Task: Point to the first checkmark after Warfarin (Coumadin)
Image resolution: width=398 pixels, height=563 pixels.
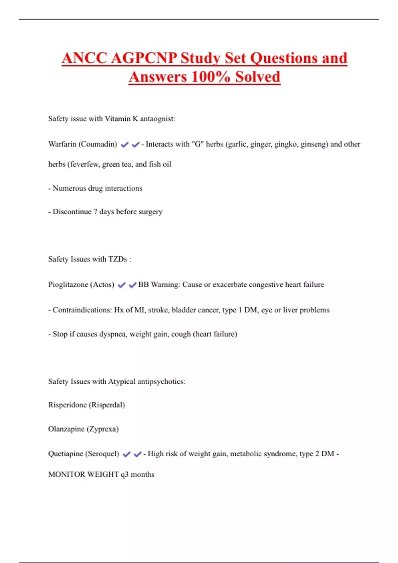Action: pyautogui.click(x=125, y=145)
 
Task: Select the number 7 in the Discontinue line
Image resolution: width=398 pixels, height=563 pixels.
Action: pyautogui.click(x=96, y=212)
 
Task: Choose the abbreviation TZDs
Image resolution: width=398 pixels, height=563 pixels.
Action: pyautogui.click(x=118, y=259)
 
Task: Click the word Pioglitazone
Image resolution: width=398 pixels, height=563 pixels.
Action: pyautogui.click(x=68, y=285)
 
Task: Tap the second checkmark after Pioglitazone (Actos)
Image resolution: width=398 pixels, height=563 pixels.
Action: pyautogui.click(x=133, y=285)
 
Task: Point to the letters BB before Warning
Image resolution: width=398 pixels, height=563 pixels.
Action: pyautogui.click(x=143, y=284)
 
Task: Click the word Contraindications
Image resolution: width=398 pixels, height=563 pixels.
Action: pyautogui.click(x=82, y=310)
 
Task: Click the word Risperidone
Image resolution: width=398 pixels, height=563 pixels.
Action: pyautogui.click(x=67, y=405)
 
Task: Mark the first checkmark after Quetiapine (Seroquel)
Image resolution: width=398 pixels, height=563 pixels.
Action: pyautogui.click(x=126, y=454)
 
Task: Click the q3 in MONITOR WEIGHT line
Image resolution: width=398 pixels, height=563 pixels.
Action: pyautogui.click(x=124, y=475)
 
